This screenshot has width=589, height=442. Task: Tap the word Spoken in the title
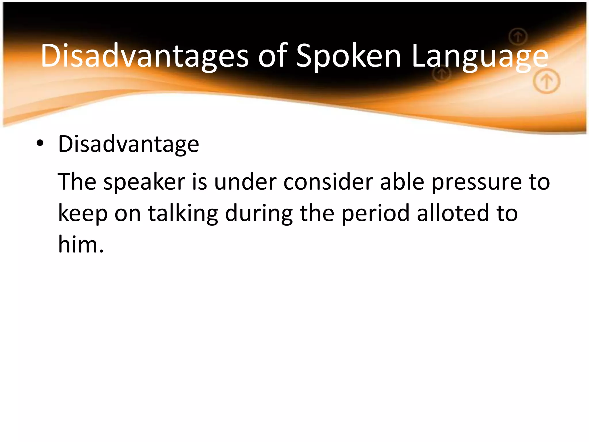(x=348, y=56)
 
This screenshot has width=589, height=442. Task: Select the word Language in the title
(x=480, y=56)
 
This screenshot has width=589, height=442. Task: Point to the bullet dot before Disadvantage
(x=40, y=143)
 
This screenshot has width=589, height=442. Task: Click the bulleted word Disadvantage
(x=129, y=144)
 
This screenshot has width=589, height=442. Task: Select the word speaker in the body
(x=144, y=182)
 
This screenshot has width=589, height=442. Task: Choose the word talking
(x=183, y=214)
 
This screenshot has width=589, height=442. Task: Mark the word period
(x=375, y=214)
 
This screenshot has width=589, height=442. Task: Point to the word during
(x=259, y=214)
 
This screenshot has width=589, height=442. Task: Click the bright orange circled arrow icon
(x=546, y=82)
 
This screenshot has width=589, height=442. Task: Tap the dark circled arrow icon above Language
(x=518, y=37)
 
